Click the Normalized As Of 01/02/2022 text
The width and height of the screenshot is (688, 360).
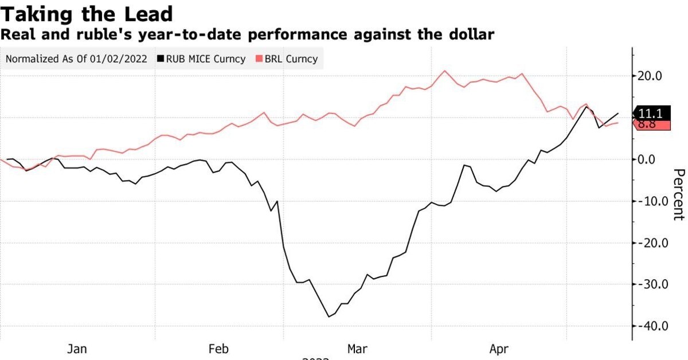(x=77, y=58)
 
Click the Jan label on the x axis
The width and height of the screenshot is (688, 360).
(x=77, y=349)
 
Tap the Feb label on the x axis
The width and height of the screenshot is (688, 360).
(x=219, y=349)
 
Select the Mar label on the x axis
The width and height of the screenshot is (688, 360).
(x=358, y=349)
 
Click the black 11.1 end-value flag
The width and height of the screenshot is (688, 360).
(x=652, y=114)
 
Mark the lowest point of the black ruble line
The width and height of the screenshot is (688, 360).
(x=329, y=316)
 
